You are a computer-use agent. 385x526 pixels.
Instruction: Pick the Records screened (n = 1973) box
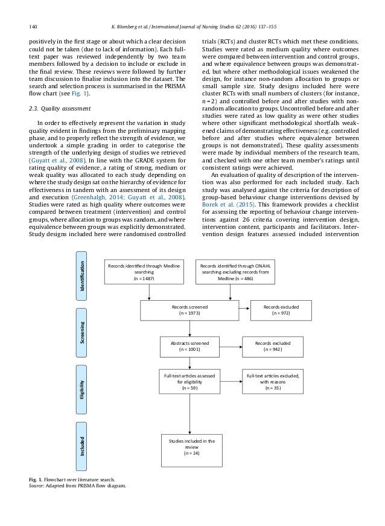click(x=190, y=311)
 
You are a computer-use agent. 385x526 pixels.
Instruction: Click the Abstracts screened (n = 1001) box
click(x=190, y=346)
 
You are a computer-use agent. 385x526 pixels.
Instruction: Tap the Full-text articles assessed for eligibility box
click(x=190, y=382)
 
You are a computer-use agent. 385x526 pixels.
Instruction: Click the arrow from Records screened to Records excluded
click(x=246, y=311)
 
